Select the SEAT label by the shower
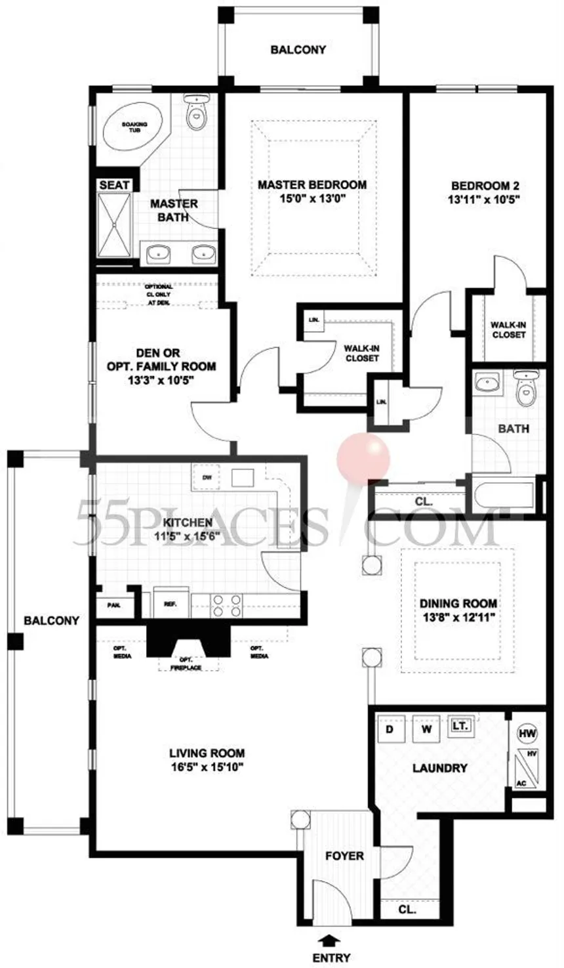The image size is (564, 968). (x=114, y=185)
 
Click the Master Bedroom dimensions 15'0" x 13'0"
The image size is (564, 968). (x=312, y=199)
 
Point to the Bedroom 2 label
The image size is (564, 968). (x=485, y=185)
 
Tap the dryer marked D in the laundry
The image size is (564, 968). (x=389, y=729)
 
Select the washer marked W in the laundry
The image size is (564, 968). (x=426, y=729)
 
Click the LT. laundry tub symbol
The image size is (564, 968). (x=460, y=726)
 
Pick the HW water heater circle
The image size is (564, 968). (x=527, y=733)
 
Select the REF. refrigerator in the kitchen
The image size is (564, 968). (x=171, y=604)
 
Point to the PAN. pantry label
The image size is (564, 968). (x=113, y=605)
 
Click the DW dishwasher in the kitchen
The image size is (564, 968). (x=207, y=477)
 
